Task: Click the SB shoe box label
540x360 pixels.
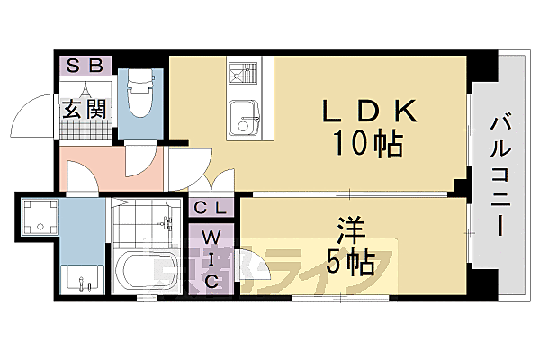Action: (x=85, y=66)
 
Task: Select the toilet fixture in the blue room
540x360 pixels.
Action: (x=139, y=95)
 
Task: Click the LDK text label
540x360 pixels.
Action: (x=369, y=112)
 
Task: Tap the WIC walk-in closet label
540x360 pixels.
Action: (x=212, y=258)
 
